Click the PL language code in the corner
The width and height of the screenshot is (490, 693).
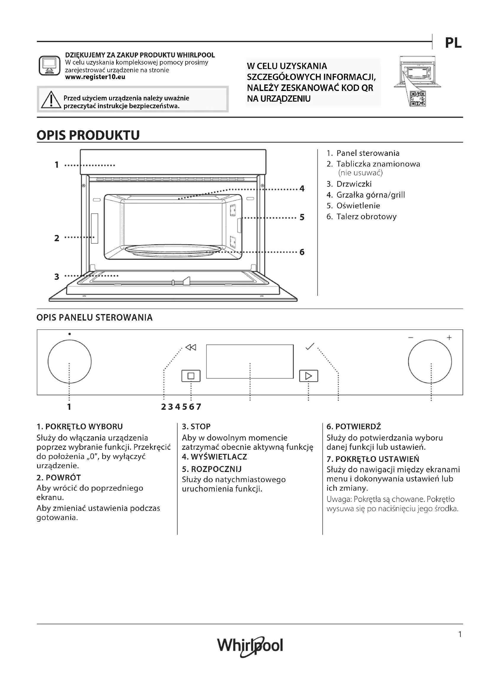point(453,43)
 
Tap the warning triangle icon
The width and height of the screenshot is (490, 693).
point(51,100)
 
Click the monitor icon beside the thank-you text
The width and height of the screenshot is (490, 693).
point(49,65)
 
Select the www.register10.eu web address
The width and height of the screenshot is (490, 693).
point(95,77)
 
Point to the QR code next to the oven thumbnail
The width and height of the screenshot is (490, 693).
point(418,98)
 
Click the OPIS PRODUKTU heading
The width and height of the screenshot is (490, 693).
point(88,135)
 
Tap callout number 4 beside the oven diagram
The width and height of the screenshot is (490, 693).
point(302,189)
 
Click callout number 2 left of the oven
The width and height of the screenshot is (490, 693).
point(57,238)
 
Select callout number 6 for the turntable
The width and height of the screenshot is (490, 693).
point(302,252)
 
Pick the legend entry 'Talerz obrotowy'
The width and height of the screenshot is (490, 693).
point(366,217)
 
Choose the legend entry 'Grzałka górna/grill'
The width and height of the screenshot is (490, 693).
point(370,195)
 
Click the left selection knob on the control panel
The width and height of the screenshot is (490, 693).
point(69,361)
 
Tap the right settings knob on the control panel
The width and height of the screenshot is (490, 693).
point(430,361)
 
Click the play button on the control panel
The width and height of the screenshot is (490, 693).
point(308,376)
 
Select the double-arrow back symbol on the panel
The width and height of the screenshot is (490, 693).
point(191,348)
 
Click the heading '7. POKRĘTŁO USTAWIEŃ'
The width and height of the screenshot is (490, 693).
point(373,459)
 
